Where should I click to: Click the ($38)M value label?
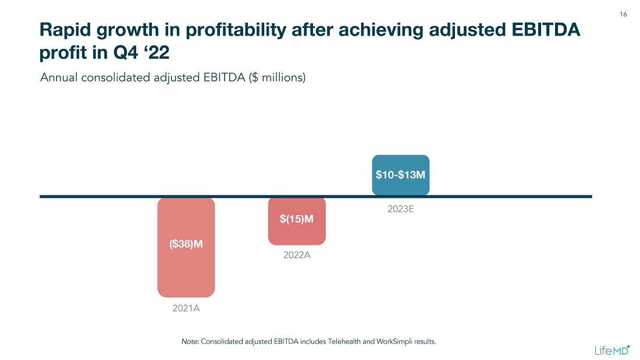click(186, 244)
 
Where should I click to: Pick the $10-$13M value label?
click(400, 174)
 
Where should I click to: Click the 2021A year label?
click(186, 308)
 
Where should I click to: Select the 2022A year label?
click(297, 255)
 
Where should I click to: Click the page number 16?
click(623, 14)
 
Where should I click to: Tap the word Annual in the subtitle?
click(56, 77)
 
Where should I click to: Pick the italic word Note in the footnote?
click(190, 341)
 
